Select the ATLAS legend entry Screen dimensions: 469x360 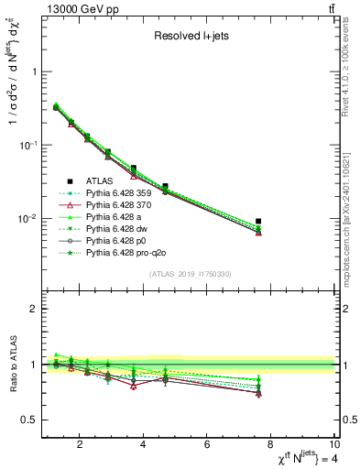click(105, 180)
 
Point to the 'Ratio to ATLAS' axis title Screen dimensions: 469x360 click(13, 365)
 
